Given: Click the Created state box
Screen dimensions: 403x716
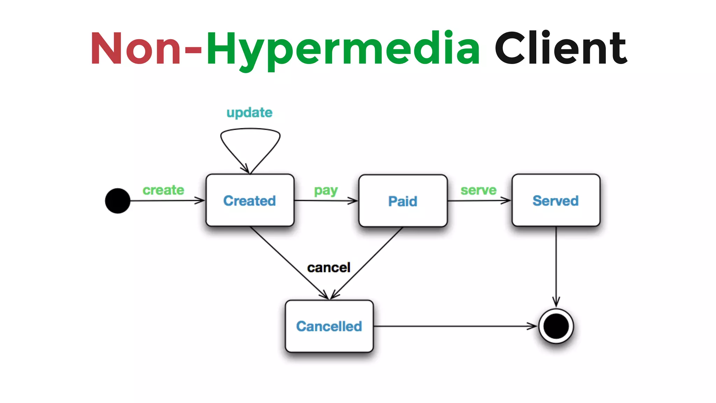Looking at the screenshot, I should [x=250, y=200].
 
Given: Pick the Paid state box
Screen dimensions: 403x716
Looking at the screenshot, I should [x=403, y=201].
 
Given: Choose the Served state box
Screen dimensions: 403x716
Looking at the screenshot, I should [x=556, y=200].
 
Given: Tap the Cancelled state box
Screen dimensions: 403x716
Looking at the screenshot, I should [x=329, y=326].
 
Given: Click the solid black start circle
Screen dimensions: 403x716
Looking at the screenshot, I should [x=118, y=201].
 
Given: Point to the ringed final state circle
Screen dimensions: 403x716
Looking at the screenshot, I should [x=556, y=326].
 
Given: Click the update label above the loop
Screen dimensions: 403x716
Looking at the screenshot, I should [x=249, y=113].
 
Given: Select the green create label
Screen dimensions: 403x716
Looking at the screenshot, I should [x=163, y=190].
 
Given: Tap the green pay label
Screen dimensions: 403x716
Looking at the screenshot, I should [x=325, y=191].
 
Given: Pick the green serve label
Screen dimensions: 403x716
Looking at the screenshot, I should [x=478, y=190].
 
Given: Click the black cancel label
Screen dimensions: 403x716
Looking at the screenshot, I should [x=328, y=268].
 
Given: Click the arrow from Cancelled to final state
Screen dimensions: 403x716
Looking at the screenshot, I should [x=454, y=326].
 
